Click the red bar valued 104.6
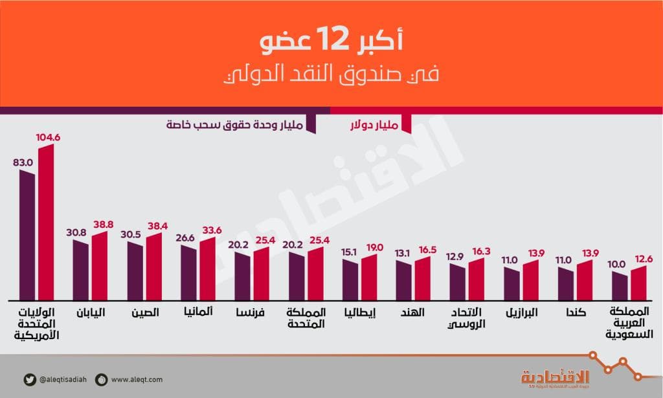[46, 223]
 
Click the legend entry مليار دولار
[376, 123]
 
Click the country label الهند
[412, 312]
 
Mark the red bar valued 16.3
[476, 280]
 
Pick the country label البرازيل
[521, 312]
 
